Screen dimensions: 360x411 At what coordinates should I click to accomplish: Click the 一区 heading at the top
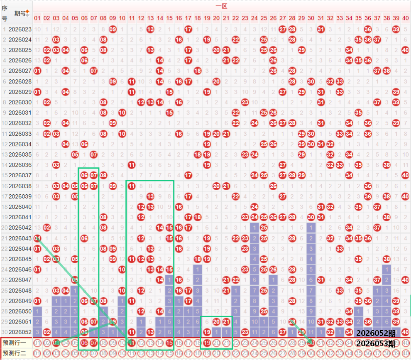220,6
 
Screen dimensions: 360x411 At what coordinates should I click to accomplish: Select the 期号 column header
19,13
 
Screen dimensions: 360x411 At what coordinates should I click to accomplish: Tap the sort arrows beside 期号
28,13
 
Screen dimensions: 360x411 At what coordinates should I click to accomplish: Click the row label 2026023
20,29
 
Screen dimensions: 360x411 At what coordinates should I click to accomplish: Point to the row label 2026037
20,175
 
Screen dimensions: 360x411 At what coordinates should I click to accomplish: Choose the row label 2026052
20,332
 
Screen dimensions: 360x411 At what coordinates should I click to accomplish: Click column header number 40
405,18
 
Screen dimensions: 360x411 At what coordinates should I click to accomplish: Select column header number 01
37,18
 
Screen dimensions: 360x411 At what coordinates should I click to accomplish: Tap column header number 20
216,18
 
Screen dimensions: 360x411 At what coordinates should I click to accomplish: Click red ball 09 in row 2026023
113,29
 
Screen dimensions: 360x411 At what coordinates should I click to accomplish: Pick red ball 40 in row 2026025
405,50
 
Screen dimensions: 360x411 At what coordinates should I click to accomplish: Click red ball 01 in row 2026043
37,238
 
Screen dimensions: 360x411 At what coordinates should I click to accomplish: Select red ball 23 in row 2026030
245,102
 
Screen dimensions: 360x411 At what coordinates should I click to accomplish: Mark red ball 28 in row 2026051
292,321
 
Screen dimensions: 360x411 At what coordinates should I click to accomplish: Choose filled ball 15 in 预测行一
169,343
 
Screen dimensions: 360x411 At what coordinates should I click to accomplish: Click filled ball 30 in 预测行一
311,343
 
